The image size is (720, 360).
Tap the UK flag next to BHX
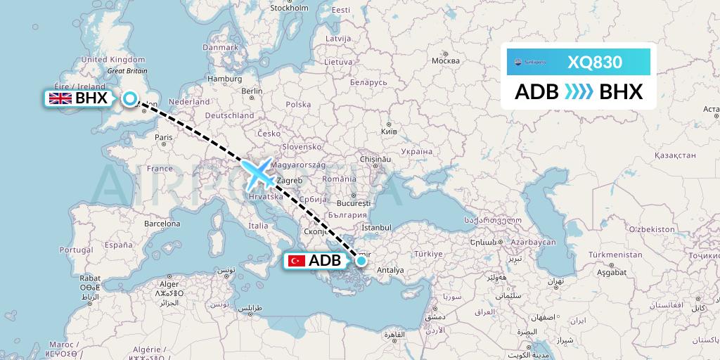click(60, 98)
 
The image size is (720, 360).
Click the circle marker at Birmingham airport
click(129, 98)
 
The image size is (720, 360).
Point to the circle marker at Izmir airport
click(361, 261)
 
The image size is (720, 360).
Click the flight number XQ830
click(594, 62)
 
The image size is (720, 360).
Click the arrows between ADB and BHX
click(578, 92)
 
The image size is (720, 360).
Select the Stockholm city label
click(289, 8)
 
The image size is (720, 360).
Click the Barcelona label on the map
click(162, 224)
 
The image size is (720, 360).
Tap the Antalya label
click(390, 270)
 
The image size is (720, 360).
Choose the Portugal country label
click(76, 250)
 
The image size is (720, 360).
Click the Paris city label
click(164, 137)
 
